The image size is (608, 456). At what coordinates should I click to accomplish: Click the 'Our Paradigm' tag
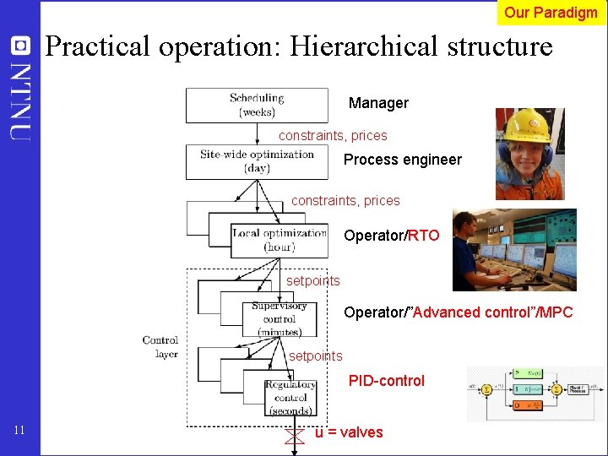551,12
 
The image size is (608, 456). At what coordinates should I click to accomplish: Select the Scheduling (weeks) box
257,105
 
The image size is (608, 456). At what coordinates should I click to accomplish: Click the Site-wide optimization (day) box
257,161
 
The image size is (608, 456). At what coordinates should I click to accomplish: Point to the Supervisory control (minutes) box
279,318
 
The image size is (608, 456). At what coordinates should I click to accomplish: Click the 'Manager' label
378,103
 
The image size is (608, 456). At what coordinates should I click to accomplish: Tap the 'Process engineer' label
403,160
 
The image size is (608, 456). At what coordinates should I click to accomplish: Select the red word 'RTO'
424,236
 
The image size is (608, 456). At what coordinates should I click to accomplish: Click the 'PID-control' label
387,381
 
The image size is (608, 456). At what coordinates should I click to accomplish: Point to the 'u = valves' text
349,432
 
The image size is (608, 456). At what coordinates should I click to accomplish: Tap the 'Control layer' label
160,347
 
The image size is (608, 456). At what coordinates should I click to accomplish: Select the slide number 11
20,432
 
